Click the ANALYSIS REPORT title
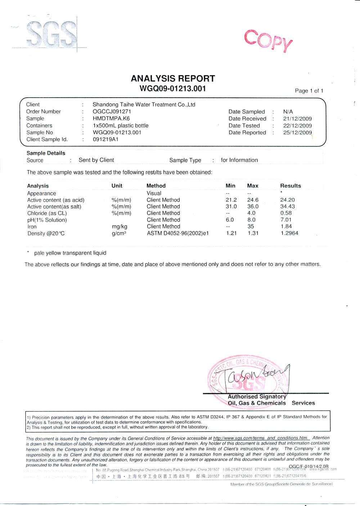coord(173,79)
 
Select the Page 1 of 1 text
coord(309,91)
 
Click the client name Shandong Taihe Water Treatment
coord(144,104)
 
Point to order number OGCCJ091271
coord(112,112)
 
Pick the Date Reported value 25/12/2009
coord(297,133)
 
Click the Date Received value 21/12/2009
coord(297,118)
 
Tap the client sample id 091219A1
coord(105,139)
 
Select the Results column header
coord(290,186)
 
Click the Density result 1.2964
coord(289,233)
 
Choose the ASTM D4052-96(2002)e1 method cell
coord(177,233)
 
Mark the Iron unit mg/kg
coord(120,227)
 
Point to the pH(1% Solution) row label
coord(47,220)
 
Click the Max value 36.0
coord(253,206)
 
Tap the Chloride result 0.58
coord(286,213)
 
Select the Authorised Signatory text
coord(257,397)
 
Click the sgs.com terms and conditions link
coord(261,438)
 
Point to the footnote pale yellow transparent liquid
coord(70,253)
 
